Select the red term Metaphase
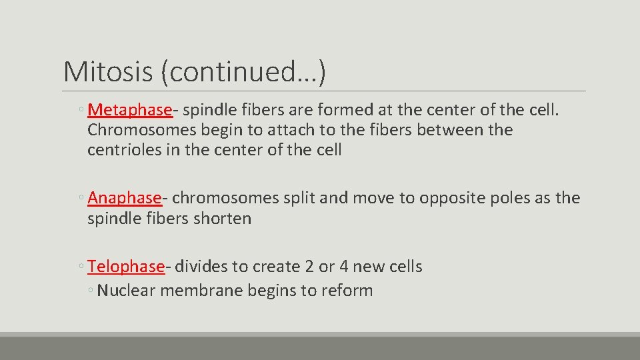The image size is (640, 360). coord(129,109)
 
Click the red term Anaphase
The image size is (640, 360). coord(124,198)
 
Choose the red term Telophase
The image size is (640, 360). coord(125,267)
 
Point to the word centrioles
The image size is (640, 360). coord(125,150)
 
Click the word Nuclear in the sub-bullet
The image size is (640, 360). coord(126,291)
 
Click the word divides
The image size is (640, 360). coord(201,267)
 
